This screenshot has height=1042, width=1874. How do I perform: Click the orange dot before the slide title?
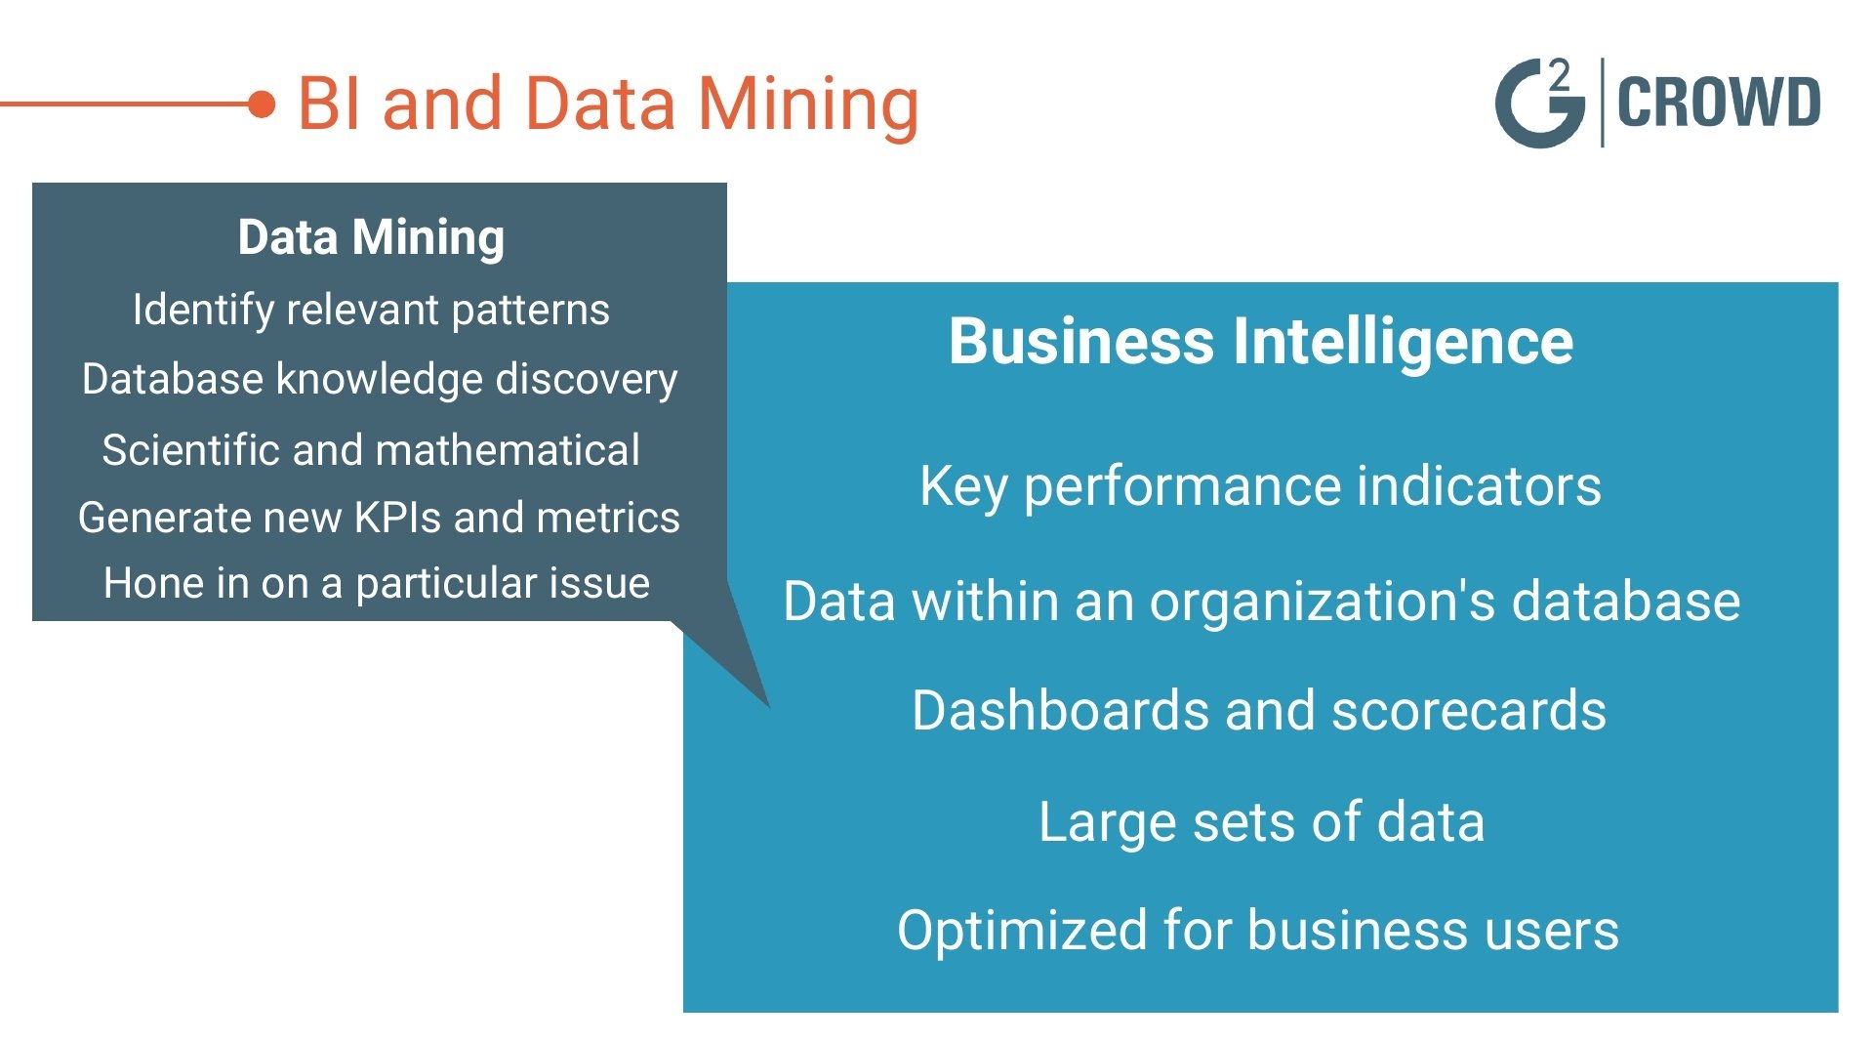coord(262,104)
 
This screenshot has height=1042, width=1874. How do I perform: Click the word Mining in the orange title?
coord(808,105)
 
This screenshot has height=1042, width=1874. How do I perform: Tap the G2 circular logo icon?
coord(1539,104)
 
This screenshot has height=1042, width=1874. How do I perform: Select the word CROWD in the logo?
coord(1719,103)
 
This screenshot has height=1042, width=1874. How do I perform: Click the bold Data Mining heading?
coord(371,237)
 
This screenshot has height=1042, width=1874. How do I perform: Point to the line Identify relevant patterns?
coord(371,311)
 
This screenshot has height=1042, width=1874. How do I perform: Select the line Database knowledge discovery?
coord(380,380)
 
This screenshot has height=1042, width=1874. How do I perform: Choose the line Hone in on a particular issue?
coord(377,584)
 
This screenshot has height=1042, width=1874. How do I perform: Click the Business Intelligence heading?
coord(1261,343)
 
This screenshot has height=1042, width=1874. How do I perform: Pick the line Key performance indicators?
coord(1260,487)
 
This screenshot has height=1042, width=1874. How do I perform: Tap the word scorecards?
coord(1469,710)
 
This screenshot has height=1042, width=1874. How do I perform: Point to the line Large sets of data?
coord(1261,822)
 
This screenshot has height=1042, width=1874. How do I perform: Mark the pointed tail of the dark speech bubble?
coord(769,706)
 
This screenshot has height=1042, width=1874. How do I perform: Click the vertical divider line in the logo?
coord(1602,103)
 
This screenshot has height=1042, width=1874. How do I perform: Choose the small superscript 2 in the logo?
coord(1560,75)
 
